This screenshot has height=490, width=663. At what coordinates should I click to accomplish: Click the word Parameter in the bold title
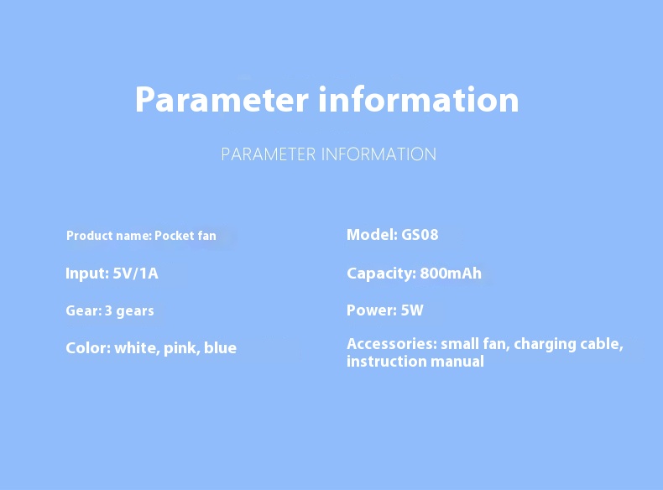222,100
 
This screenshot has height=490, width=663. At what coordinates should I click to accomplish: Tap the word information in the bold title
419,99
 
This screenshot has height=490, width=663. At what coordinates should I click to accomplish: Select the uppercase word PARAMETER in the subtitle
269,154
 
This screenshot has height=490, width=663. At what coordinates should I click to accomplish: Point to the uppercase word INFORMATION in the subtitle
378,154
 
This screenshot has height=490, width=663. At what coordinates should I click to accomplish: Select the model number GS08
420,235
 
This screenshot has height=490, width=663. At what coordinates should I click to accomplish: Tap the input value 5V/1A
135,274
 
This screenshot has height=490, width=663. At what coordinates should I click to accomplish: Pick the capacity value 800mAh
451,274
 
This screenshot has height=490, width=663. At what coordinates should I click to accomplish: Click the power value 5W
412,310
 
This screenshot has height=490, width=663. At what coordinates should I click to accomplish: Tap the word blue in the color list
220,347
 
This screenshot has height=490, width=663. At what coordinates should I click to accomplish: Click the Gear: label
84,310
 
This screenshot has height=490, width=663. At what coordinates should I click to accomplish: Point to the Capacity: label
381,274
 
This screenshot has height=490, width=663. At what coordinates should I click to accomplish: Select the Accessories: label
392,344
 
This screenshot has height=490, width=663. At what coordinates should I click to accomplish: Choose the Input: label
87,274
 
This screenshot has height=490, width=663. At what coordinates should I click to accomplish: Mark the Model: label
372,235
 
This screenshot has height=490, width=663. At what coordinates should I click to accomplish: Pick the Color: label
88,348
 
